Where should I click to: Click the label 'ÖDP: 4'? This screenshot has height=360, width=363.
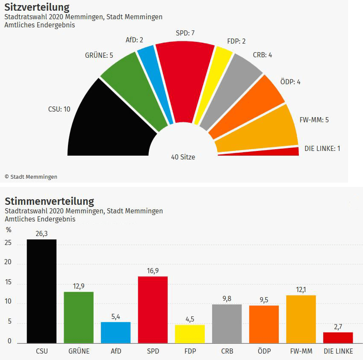[290, 81]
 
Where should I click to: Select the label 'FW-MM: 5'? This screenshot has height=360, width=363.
[314, 120]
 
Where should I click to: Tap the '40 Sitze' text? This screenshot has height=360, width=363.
[183, 157]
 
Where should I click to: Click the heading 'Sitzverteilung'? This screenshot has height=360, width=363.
[36, 7]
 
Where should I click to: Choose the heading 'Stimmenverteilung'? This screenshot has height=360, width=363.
[49, 201]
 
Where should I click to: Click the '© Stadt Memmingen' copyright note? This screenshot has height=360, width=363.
[31, 177]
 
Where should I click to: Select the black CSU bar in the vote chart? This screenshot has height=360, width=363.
[41, 291]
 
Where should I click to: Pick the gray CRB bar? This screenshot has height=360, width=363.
[227, 323]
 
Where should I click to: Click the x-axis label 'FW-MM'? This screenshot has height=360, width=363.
[301, 351]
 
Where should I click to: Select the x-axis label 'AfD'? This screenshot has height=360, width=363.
[115, 351]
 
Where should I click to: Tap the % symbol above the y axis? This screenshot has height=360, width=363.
[8, 230]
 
